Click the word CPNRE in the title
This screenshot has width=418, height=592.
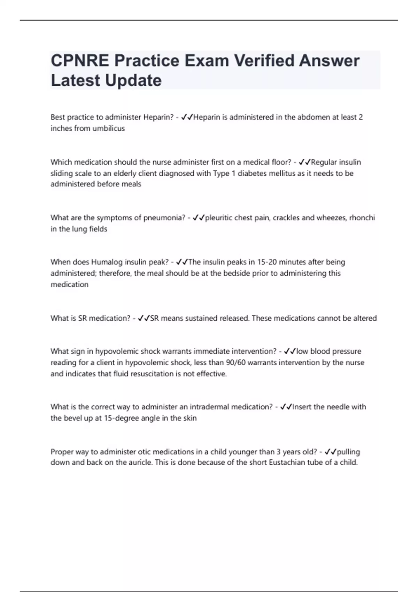tap(80, 61)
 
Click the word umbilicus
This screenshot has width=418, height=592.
tap(108, 128)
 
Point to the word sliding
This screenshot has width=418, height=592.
tap(62, 173)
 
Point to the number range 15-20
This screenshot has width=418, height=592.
tap(267, 262)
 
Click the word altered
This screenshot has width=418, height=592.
tap(364, 318)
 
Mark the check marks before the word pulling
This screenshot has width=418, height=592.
tap(330, 452)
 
